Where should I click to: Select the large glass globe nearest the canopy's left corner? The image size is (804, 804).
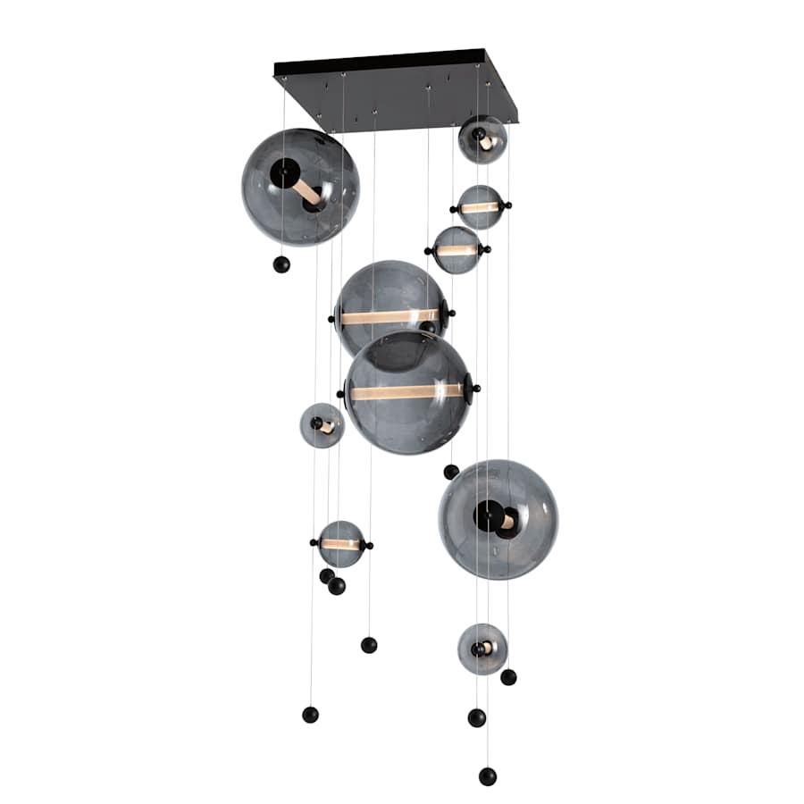coord(300,187)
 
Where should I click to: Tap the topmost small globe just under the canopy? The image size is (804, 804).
coord(482,139)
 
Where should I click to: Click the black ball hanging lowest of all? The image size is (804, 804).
coord(487,776)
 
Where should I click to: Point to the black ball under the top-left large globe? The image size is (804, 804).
coord(281,264)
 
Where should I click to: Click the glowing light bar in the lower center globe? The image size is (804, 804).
coord(406,392)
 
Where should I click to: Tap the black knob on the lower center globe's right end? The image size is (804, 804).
coord(475,389)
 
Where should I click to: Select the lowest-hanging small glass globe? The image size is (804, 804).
coord(482,649)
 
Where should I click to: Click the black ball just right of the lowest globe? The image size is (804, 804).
coord(508,677)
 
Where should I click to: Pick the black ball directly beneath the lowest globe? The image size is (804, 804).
coord(477,717)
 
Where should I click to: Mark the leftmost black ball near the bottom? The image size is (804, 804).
coord(310,715)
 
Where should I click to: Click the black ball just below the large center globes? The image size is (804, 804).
coord(451,472)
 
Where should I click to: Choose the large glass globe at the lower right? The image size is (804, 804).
coord(498,519)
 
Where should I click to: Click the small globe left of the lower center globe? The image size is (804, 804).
coord(322,425)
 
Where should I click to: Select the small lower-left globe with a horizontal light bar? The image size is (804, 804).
coord(341,544)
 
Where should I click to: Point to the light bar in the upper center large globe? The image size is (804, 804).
coord(390,317)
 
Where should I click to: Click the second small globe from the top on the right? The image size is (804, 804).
coord(481,207)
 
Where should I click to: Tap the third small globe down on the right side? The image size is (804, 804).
coord(457,250)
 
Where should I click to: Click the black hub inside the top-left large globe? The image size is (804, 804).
coord(286,172)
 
